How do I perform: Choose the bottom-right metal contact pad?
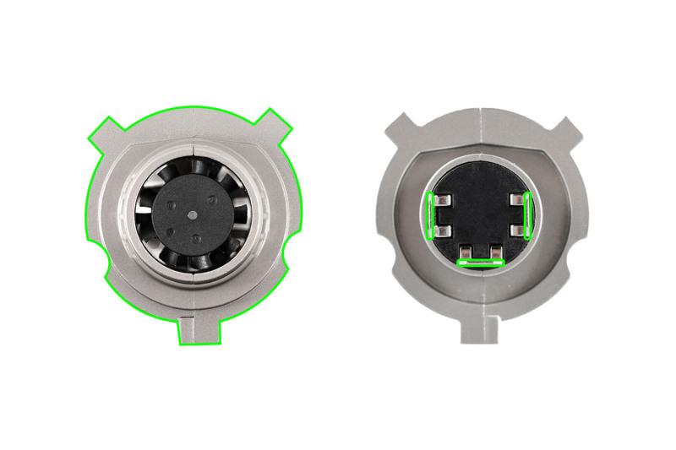493,251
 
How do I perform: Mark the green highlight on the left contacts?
431,215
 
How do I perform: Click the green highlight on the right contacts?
526,214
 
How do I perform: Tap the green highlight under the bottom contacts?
479,263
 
